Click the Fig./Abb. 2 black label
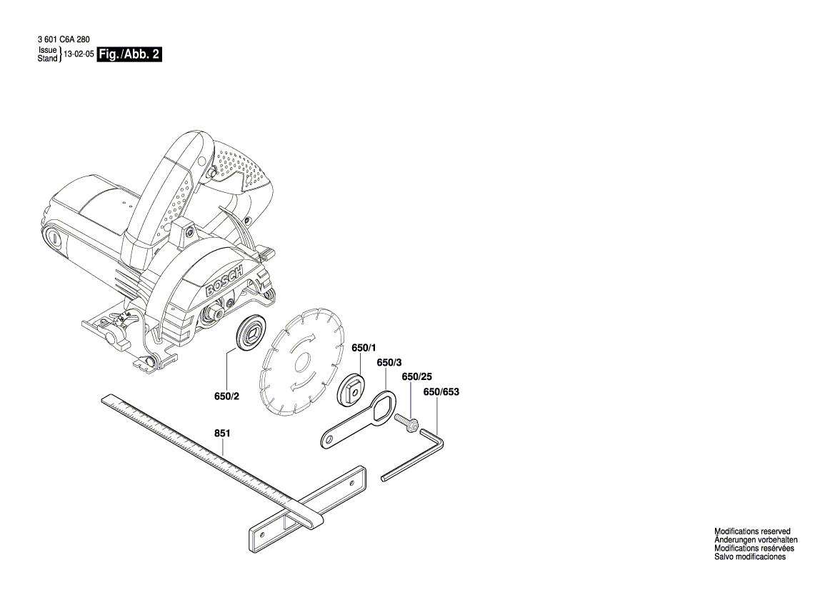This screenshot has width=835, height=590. (x=129, y=55)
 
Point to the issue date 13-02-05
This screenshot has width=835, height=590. (x=79, y=55)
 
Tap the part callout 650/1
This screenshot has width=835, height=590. (x=363, y=348)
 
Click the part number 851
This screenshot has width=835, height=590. (x=223, y=433)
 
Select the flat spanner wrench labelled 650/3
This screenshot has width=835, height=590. (x=358, y=421)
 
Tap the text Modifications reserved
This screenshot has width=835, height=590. (x=752, y=531)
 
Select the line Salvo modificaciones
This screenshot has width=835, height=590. (x=750, y=557)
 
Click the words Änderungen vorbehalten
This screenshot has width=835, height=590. (x=756, y=540)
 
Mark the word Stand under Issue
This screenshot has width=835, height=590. (x=47, y=59)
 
